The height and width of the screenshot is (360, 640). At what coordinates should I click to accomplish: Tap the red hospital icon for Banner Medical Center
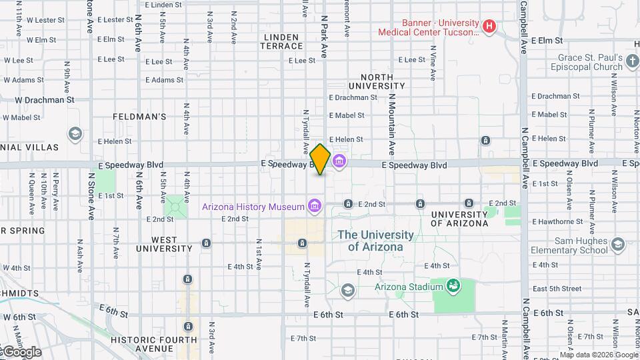coord(489,27)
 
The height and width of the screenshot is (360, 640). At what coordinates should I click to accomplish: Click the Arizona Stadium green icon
coord(454,287)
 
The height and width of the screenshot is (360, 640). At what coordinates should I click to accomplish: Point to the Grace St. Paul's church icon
coord(633,63)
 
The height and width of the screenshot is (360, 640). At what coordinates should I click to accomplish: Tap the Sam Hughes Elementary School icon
coord(617,245)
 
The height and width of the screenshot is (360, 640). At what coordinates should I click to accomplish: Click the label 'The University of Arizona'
coord(375,241)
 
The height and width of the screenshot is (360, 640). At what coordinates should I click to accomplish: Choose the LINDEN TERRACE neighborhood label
coord(283,41)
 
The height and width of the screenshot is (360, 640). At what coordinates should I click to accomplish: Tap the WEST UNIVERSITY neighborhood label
coord(164,244)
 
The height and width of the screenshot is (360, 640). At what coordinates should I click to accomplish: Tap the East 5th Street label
coord(557,289)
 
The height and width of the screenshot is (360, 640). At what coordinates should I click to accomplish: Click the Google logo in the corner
coord(21,351)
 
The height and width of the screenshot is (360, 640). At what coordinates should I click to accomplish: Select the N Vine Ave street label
coord(433,63)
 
